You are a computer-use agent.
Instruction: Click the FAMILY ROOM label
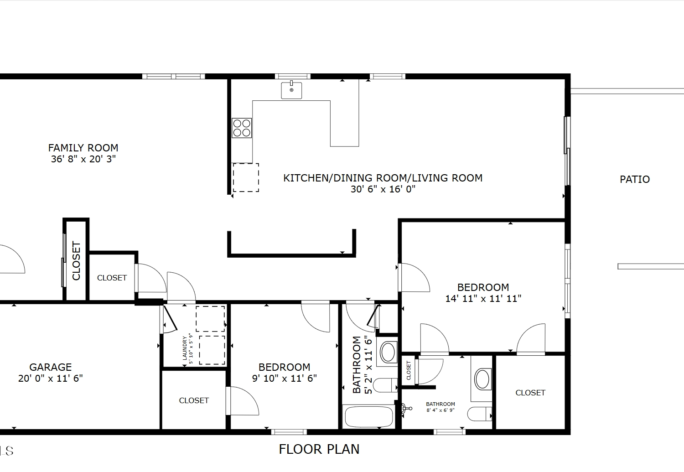tap(83, 148)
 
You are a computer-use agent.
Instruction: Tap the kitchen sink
tap(291, 90)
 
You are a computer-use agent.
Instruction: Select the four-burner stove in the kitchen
tap(242, 128)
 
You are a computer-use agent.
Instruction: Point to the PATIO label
tap(635, 179)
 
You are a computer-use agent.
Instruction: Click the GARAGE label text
tap(50, 367)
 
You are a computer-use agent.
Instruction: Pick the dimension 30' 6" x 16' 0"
tap(383, 189)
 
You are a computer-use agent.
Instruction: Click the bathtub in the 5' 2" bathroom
tap(369, 417)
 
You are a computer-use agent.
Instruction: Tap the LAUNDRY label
tap(185, 348)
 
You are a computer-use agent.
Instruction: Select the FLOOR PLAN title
tap(319, 449)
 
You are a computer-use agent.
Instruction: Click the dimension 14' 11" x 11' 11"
tap(483, 299)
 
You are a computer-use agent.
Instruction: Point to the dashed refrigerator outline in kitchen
tap(246, 178)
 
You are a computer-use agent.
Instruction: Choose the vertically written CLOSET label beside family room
tap(76, 260)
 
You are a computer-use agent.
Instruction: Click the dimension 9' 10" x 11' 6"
tap(284, 379)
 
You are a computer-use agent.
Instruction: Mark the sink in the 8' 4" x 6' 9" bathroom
tap(482, 379)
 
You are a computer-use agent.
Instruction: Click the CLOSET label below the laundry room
tap(194, 400)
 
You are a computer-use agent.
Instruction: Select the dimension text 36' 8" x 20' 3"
tap(83, 159)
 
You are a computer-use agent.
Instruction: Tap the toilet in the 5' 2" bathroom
tap(385, 385)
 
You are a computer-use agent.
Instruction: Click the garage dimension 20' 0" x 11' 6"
tap(50, 379)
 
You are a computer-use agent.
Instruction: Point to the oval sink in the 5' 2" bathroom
tap(389, 353)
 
